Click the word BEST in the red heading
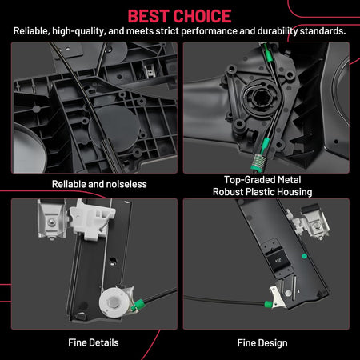tap(148, 16)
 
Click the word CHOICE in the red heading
tap(202, 16)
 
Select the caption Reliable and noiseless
tap(99, 184)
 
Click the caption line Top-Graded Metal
tap(262, 180)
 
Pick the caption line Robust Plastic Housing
tap(262, 192)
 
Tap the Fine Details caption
tap(94, 342)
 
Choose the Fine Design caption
tap(262, 343)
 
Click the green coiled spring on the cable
tap(257, 162)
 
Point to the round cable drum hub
tap(260, 99)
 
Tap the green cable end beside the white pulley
tap(139, 304)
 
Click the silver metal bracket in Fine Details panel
tap(51, 218)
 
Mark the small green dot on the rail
tap(304, 256)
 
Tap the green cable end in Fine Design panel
tap(268, 304)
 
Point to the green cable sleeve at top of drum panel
tap(268, 53)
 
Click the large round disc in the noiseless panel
tap(114, 129)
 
